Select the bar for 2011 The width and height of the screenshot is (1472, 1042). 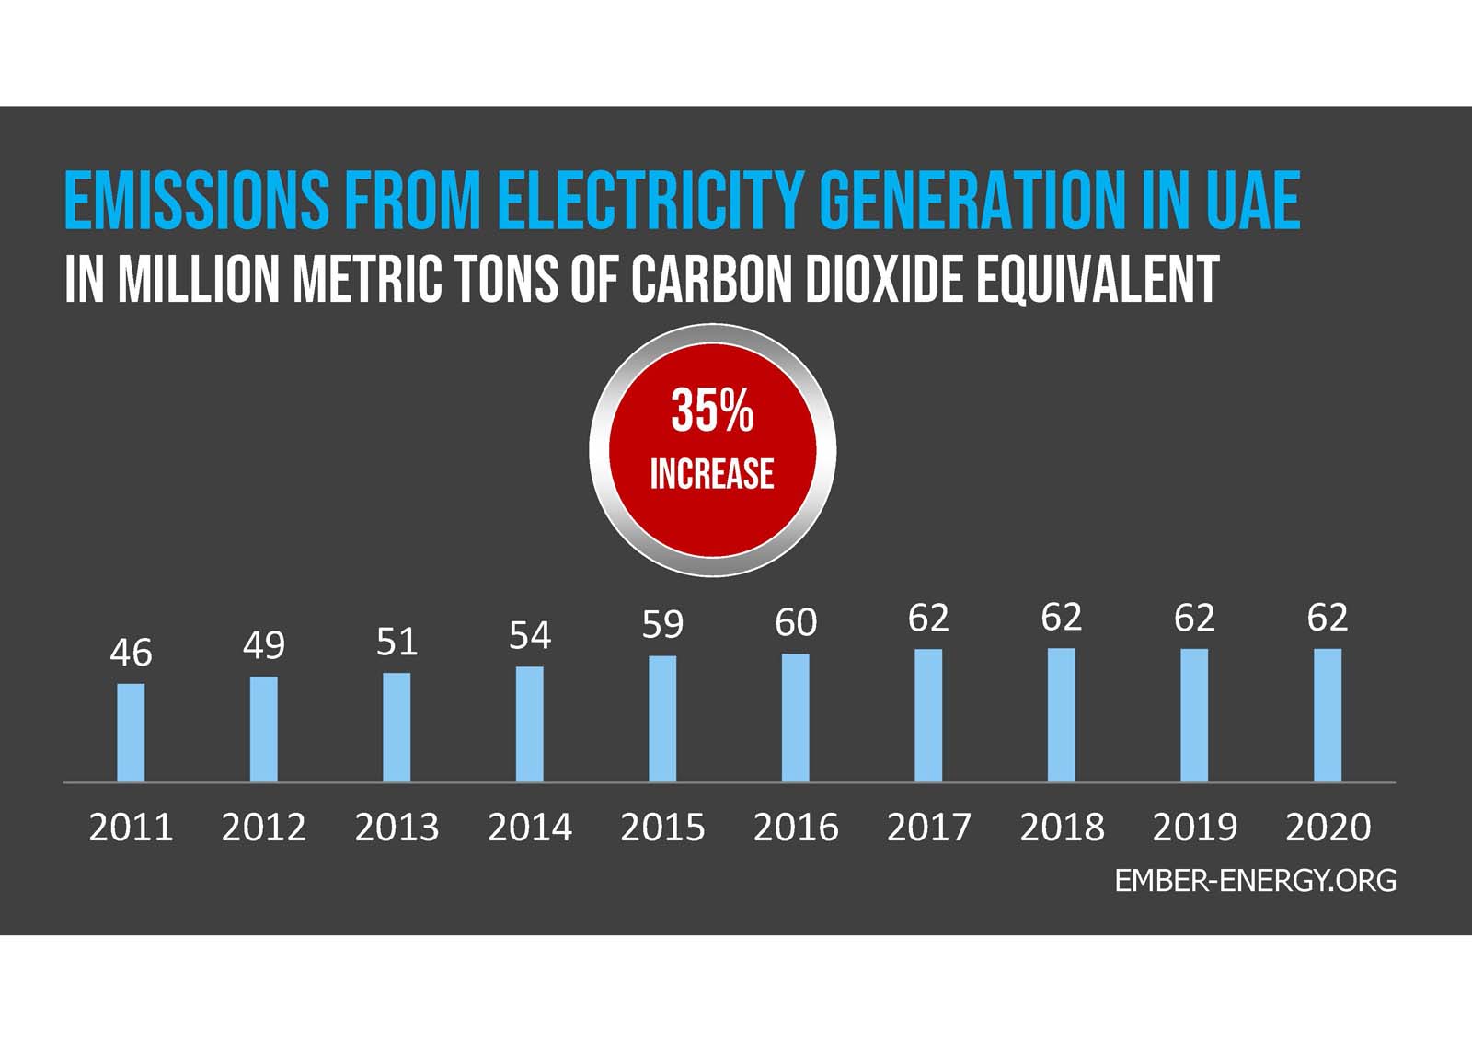tap(131, 733)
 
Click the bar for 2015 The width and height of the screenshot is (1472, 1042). tap(662, 719)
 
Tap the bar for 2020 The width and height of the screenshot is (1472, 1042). tap(1328, 715)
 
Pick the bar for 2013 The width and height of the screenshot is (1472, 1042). tap(397, 727)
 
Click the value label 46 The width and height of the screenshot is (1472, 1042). tap(131, 653)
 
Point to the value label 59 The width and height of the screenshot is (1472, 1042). tap(662, 625)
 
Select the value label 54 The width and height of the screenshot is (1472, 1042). tap(530, 636)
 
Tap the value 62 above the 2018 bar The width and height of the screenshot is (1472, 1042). tap(1061, 618)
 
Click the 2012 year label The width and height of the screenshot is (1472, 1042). tap(263, 828)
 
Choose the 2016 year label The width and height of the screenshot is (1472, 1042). tap(796, 828)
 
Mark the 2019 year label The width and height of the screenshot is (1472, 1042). tap(1194, 828)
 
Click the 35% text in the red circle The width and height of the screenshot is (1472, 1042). tap(712, 411)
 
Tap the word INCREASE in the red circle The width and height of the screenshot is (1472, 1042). tap(712, 474)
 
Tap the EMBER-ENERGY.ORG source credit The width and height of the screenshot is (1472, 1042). tap(1255, 881)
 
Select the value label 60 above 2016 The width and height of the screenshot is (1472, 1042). tap(796, 623)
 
